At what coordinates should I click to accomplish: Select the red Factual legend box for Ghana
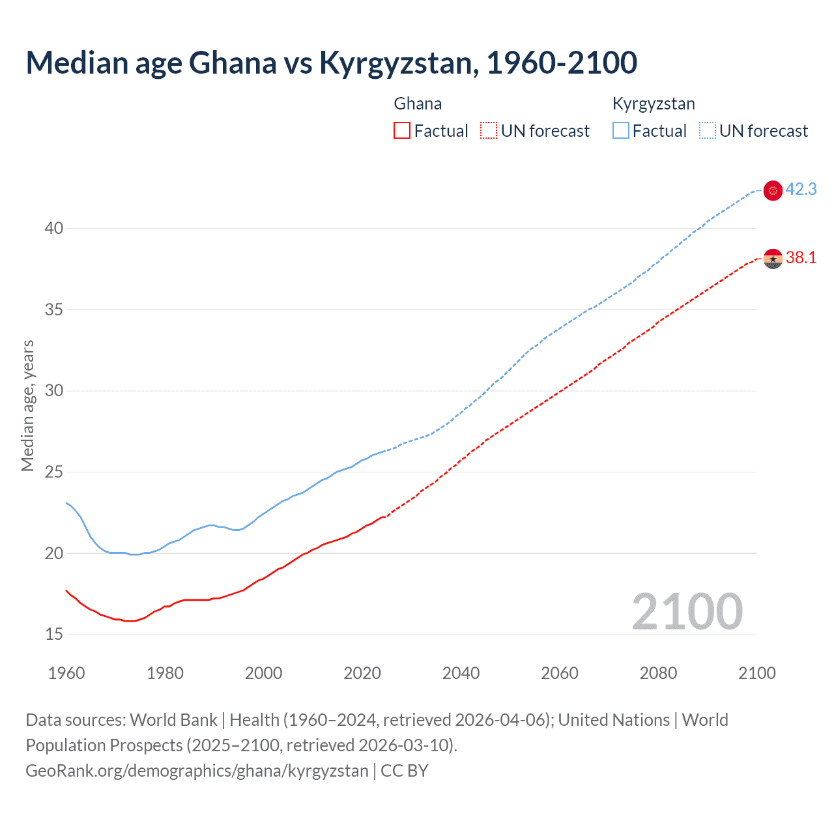click(x=402, y=131)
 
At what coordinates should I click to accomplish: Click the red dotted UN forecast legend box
click(x=489, y=131)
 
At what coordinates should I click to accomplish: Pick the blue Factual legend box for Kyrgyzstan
click(x=621, y=131)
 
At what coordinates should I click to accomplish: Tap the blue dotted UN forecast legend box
click(x=708, y=131)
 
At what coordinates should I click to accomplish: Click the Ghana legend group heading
click(x=418, y=104)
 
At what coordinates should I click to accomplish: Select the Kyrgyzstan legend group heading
click(x=654, y=104)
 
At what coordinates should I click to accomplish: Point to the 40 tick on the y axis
click(x=54, y=228)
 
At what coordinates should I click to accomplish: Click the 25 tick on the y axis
click(x=54, y=472)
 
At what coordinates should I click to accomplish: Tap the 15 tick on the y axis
click(x=54, y=634)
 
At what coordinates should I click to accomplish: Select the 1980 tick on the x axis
click(x=165, y=673)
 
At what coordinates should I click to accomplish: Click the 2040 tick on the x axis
click(x=461, y=673)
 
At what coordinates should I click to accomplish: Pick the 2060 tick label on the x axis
click(x=560, y=673)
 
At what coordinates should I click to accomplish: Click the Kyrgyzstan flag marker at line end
click(x=773, y=190)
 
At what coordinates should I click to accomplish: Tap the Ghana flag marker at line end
click(x=773, y=259)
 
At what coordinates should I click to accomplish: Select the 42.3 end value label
click(x=801, y=190)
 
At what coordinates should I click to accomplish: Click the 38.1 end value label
click(x=801, y=258)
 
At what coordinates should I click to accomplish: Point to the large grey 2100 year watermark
click(x=687, y=612)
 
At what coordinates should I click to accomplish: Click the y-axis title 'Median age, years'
click(x=27, y=405)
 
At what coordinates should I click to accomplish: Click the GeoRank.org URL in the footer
click(x=197, y=771)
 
